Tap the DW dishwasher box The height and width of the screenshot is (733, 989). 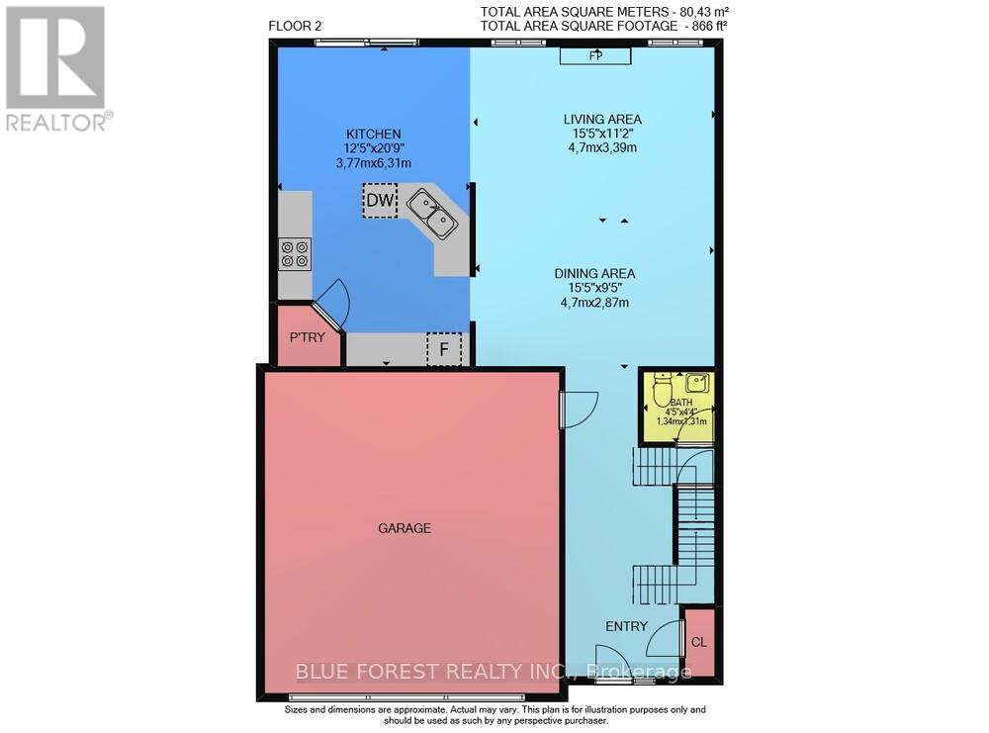coord(380,201)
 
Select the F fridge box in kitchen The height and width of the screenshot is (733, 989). coord(444,349)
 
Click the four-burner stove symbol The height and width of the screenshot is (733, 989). coord(294,254)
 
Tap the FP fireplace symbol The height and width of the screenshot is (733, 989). coord(595,56)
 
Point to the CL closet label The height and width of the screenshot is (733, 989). coord(699,642)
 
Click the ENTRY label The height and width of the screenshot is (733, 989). coord(626,626)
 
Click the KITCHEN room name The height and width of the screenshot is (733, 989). coord(373,134)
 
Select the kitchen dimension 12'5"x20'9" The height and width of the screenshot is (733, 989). coord(373,148)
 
